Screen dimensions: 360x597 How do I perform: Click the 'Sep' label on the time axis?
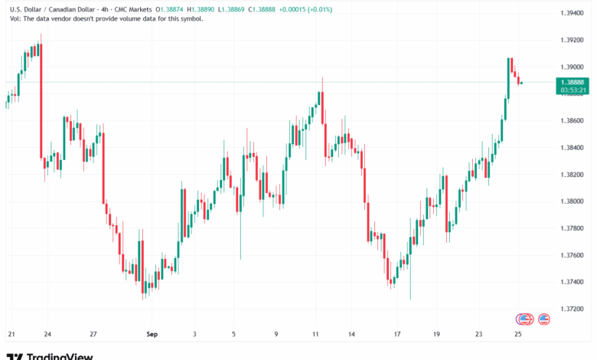pos(150,334)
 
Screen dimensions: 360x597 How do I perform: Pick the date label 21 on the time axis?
pos(11,334)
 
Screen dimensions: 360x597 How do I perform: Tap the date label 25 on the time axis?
pos(519,334)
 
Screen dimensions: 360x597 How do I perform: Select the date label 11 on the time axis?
pos(315,334)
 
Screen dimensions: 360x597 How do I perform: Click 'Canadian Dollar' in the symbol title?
pos(61,8)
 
